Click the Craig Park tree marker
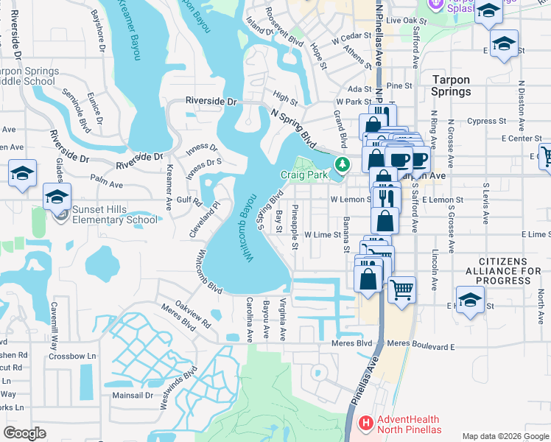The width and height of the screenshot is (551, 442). point(341,164)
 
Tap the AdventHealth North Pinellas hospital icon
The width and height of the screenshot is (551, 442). point(365,424)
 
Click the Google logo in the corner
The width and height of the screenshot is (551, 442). point(24,433)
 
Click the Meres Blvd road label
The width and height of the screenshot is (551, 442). point(354,343)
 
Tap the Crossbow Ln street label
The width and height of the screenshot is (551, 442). point(72,356)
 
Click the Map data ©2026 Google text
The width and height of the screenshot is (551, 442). point(505,436)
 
